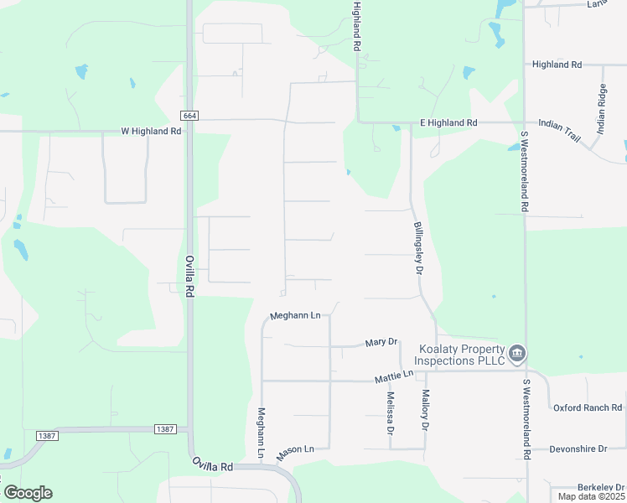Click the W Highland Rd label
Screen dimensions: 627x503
[x=151, y=132]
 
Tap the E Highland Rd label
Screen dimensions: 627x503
[x=448, y=123]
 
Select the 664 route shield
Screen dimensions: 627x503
[x=189, y=115]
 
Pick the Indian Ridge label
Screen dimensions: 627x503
[x=601, y=110]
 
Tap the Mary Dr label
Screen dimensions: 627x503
[x=380, y=343]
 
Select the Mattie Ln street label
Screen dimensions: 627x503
[x=394, y=377]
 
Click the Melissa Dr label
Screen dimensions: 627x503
[x=390, y=412]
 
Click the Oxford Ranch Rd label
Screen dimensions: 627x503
[x=588, y=408]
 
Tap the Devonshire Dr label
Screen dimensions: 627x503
[x=578, y=449]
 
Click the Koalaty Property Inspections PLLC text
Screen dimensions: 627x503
[x=463, y=355]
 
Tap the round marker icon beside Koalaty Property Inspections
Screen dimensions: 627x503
[x=517, y=354]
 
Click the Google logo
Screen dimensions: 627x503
[x=28, y=493]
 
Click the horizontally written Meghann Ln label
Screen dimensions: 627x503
[x=295, y=316]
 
